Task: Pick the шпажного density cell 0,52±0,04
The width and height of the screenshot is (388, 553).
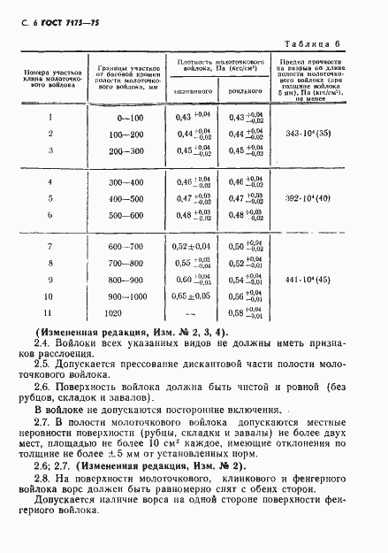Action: (x=195, y=245)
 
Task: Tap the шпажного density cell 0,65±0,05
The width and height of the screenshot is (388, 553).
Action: (x=195, y=297)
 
